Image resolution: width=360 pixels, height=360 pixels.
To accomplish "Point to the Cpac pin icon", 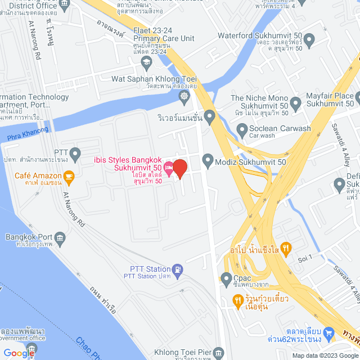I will (x=226, y=278).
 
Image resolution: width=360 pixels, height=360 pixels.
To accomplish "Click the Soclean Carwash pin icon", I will (x=241, y=132).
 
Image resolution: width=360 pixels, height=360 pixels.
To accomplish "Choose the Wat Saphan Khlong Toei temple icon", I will (x=184, y=96).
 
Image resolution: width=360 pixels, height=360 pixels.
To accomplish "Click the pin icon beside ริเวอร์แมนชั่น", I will (x=210, y=118).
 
